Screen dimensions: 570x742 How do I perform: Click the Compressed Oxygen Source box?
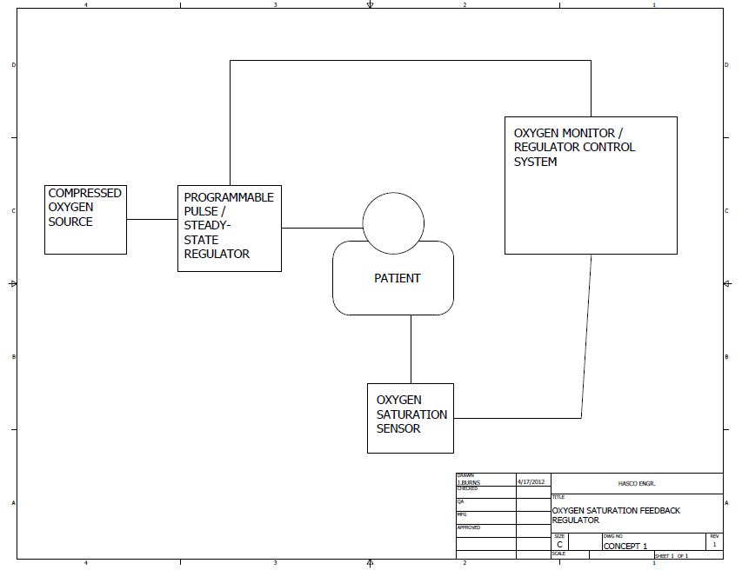[x=85, y=219]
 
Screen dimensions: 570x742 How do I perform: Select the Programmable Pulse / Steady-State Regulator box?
[x=230, y=229]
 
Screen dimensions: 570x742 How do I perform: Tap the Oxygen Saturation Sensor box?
[x=411, y=418]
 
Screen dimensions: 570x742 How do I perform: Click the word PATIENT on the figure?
[x=397, y=278]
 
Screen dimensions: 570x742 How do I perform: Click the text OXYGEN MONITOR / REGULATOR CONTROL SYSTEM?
[x=575, y=147]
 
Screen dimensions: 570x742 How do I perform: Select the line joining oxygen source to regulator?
[x=152, y=219]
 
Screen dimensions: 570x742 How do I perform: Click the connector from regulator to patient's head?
[x=322, y=229]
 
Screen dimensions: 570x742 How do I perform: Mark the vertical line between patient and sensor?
[x=411, y=348]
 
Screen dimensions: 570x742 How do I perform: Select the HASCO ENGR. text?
[x=637, y=483]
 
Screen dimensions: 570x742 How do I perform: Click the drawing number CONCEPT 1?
[x=625, y=546]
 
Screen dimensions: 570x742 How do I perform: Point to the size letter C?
[x=559, y=545]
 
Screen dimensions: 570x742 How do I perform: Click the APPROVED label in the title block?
[x=468, y=527]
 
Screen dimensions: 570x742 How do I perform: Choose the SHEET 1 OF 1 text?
[x=672, y=555]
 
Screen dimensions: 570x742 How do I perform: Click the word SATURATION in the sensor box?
[x=411, y=414]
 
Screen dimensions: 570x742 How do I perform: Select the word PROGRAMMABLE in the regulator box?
[x=229, y=197]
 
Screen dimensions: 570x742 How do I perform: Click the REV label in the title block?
[x=714, y=536]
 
